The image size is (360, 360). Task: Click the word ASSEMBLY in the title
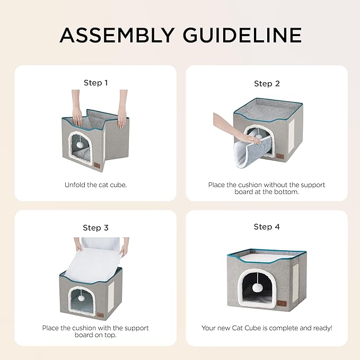click(x=118, y=34)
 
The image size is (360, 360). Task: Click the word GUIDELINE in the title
click(x=242, y=34)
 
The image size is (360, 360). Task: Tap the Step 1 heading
click(x=95, y=83)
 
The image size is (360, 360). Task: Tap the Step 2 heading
click(x=267, y=83)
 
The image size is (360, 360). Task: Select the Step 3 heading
click(x=95, y=227)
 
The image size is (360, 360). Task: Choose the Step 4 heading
click(x=267, y=226)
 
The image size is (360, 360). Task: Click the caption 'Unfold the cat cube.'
click(x=95, y=185)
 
